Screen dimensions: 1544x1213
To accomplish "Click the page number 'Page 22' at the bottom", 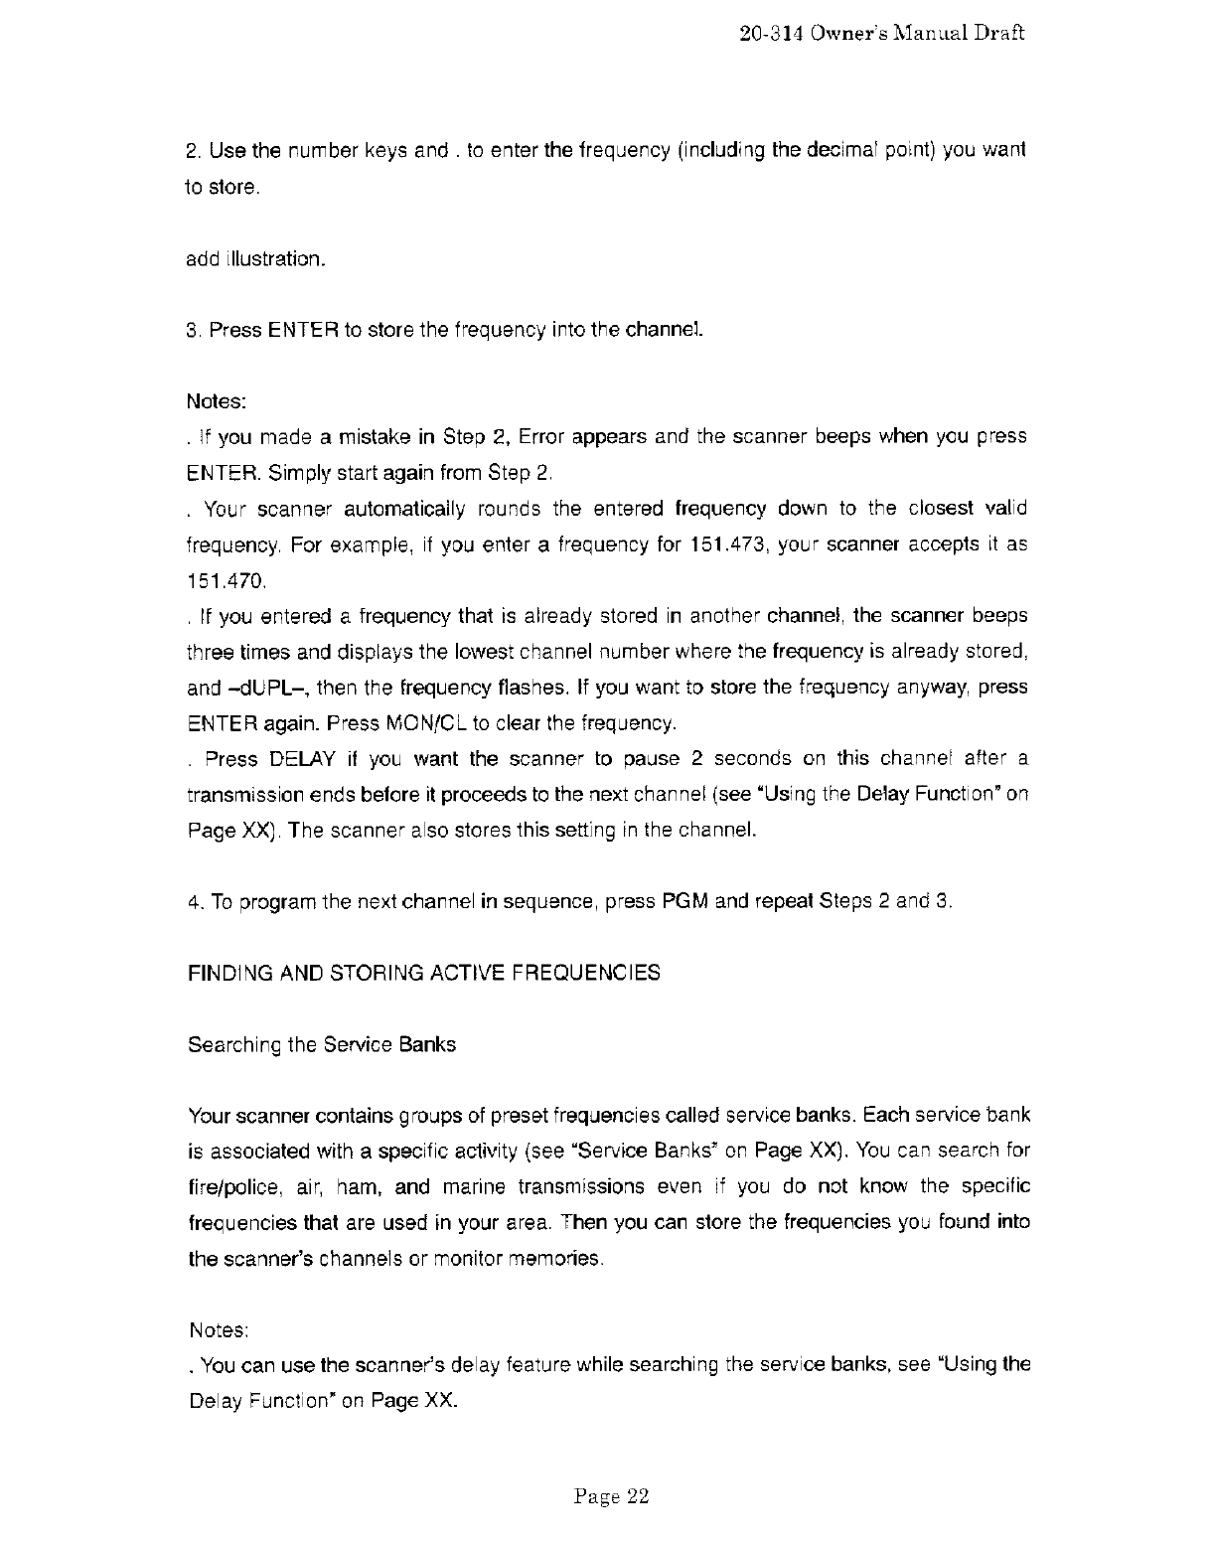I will click(611, 1497).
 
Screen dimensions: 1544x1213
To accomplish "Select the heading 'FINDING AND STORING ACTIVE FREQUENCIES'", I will click(423, 973).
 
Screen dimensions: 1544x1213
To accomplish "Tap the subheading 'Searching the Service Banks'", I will click(322, 1045).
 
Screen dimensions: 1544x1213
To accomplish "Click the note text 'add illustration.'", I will click(254, 259).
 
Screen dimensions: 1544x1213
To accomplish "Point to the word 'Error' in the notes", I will click(541, 437).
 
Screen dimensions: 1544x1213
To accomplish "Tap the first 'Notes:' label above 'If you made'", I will click(216, 402).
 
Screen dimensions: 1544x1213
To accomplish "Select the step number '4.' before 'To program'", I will click(195, 902).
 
